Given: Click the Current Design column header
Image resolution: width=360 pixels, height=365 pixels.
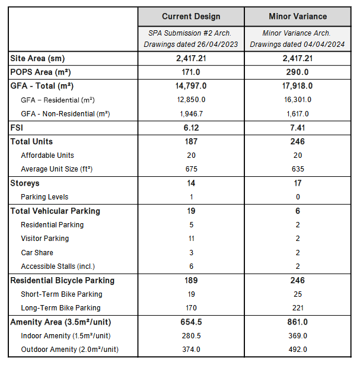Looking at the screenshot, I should pos(191,16).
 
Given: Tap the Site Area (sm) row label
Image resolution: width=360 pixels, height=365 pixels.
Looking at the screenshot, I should pos(37,58).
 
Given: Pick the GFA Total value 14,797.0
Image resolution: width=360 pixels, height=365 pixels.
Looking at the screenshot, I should pos(191,85).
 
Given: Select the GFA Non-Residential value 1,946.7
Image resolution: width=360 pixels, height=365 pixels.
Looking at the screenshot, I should pos(191,113).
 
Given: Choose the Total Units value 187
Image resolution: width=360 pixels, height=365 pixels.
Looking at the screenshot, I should pos(191,142).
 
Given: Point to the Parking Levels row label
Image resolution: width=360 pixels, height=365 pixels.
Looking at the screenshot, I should pos(44,197).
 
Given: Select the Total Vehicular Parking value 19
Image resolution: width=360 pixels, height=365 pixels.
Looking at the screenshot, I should pos(191,211).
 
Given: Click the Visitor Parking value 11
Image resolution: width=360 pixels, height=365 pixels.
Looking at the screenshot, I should pos(191,239).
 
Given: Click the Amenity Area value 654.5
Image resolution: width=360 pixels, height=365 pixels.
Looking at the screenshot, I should pos(191,322).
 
